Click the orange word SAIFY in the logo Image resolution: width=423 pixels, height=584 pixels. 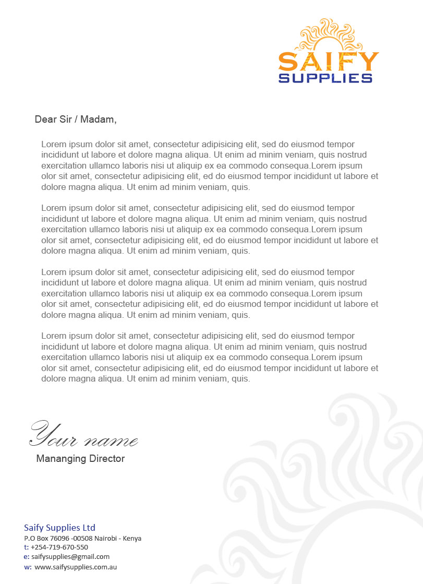click(x=328, y=62)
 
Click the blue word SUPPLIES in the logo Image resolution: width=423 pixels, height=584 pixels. click(x=325, y=78)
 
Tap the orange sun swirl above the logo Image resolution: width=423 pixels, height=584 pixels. click(x=329, y=35)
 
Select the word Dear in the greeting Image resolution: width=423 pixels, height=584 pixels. click(x=44, y=120)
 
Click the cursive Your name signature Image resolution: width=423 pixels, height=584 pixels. click(x=83, y=434)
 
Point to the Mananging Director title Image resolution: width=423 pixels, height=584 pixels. click(x=80, y=459)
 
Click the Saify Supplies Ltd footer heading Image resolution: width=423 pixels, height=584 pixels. click(x=59, y=528)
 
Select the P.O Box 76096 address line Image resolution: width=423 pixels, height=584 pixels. click(x=82, y=538)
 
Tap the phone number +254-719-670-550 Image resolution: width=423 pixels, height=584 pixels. click(x=59, y=547)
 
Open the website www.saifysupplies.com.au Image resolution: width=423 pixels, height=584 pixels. click(x=76, y=567)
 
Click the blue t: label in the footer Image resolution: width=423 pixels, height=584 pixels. click(x=26, y=547)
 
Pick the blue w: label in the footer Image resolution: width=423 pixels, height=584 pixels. click(x=28, y=567)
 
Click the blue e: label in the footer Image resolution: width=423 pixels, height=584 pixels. click(x=26, y=557)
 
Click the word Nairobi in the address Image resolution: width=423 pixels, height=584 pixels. click(x=105, y=538)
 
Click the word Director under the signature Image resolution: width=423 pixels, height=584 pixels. click(x=107, y=459)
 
